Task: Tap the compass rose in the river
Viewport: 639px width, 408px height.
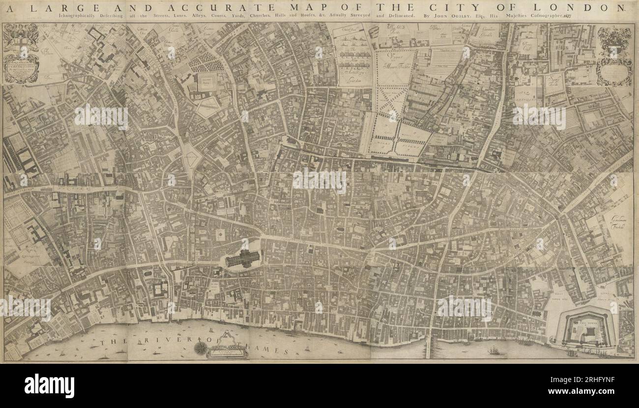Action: point(201,348)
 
